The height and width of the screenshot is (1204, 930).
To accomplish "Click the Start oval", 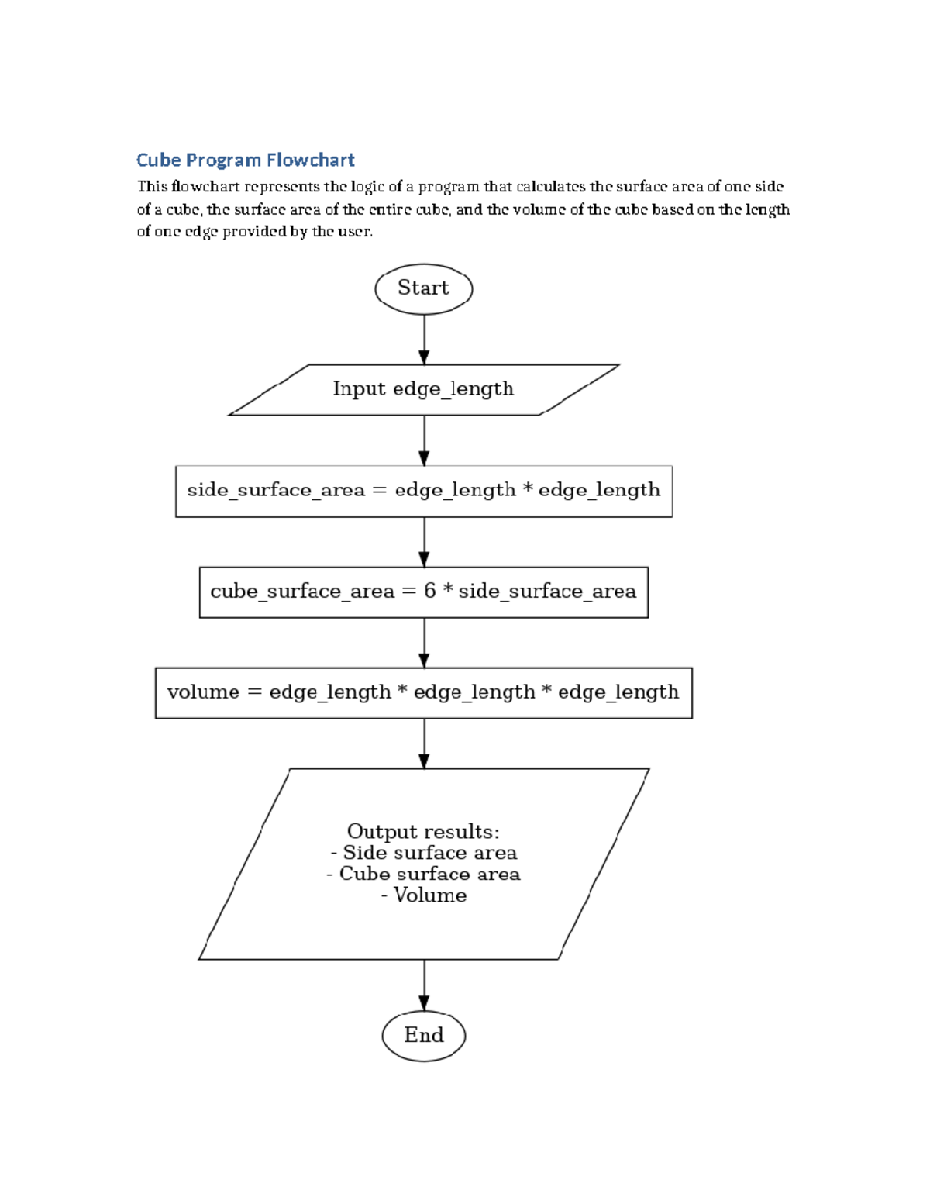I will tap(423, 288).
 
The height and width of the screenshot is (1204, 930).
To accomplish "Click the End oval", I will tap(423, 1035).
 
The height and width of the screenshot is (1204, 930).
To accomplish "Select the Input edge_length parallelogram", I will tap(423, 389).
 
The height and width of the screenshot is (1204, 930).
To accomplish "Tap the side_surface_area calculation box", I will tap(423, 491).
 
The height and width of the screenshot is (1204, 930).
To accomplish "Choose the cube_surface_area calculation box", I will tap(423, 592).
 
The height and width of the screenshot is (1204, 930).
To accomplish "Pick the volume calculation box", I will tap(423, 692).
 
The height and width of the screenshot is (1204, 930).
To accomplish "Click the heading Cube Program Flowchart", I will tap(245, 160).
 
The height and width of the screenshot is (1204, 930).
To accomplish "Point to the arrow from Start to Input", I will tap(424, 339).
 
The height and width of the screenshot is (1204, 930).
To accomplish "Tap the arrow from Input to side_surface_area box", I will tap(424, 440).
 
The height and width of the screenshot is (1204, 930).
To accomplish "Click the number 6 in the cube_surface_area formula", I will tap(429, 591).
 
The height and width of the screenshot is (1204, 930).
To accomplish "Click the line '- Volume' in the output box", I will tap(424, 895).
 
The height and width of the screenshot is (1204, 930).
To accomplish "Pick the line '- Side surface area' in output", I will tap(424, 853).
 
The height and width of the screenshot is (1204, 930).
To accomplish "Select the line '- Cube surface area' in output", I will tap(424, 874).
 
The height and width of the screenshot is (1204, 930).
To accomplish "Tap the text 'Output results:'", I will tap(423, 832).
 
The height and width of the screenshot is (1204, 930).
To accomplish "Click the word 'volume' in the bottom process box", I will tap(203, 692).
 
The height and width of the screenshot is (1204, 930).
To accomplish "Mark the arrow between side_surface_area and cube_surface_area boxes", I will tap(424, 541).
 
